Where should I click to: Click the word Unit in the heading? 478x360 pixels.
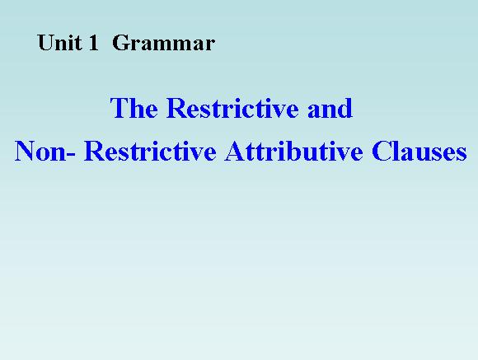pos(59,43)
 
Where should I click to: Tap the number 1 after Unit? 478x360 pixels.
pos(93,43)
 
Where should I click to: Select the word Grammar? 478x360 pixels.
pos(164,44)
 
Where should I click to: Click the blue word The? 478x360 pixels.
pos(134,108)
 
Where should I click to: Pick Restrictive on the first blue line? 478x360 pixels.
pos(232,108)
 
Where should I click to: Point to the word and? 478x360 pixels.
pos(330,108)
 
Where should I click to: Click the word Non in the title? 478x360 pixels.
pos(40,151)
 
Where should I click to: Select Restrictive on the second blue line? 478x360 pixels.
pos(150,151)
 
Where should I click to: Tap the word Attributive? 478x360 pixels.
pos(294,151)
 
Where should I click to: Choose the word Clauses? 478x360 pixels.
pos(419,151)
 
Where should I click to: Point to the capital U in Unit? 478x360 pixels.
pos(45,43)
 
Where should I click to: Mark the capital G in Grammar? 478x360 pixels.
pos(120,43)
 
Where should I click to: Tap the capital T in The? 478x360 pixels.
pos(119,108)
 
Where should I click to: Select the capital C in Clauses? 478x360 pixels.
pos(381,151)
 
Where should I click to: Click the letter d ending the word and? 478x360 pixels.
pos(345,108)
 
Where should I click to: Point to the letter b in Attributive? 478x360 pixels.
pos(293,151)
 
